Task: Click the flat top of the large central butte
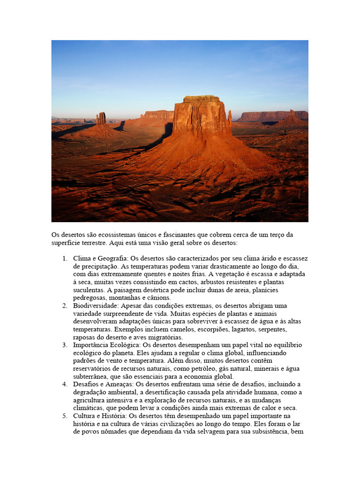click(x=202, y=99)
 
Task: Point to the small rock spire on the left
click(x=101, y=118)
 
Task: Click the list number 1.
click(x=64, y=258)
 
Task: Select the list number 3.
click(x=64, y=345)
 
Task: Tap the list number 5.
click(x=64, y=416)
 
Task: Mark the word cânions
click(x=159, y=298)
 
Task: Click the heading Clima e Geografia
click(x=100, y=258)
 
